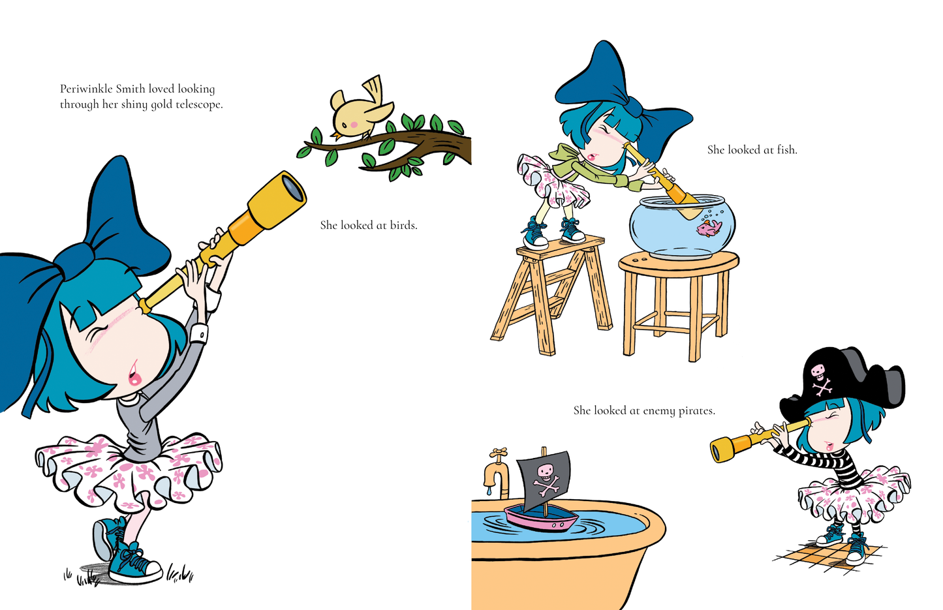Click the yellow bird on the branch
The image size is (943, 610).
360,110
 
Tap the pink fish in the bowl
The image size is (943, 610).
709,228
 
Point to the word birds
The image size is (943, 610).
403,225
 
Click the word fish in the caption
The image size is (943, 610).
787,150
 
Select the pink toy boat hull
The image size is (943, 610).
540,520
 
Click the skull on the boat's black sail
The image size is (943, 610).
546,470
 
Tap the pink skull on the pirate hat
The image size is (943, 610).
818,371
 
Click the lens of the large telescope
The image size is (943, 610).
293,188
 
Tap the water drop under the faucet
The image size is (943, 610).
488,491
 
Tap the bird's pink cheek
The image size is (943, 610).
354,125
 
